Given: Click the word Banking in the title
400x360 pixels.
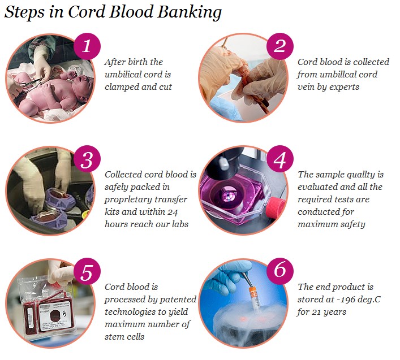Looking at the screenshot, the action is coord(190,13).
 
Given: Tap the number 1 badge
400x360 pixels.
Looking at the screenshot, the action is coord(87,46).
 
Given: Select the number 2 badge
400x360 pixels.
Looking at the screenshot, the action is coord(280,46).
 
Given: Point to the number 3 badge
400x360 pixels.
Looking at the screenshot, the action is coord(87,159).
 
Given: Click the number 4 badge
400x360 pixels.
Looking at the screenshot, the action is coord(280,159).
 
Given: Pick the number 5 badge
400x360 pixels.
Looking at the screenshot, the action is coord(87,272).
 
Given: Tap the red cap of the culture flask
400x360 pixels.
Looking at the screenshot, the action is coord(276,206).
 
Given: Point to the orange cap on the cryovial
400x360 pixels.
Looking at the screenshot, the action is coord(252,292).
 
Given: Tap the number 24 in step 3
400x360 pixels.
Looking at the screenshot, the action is coord(173,212).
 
